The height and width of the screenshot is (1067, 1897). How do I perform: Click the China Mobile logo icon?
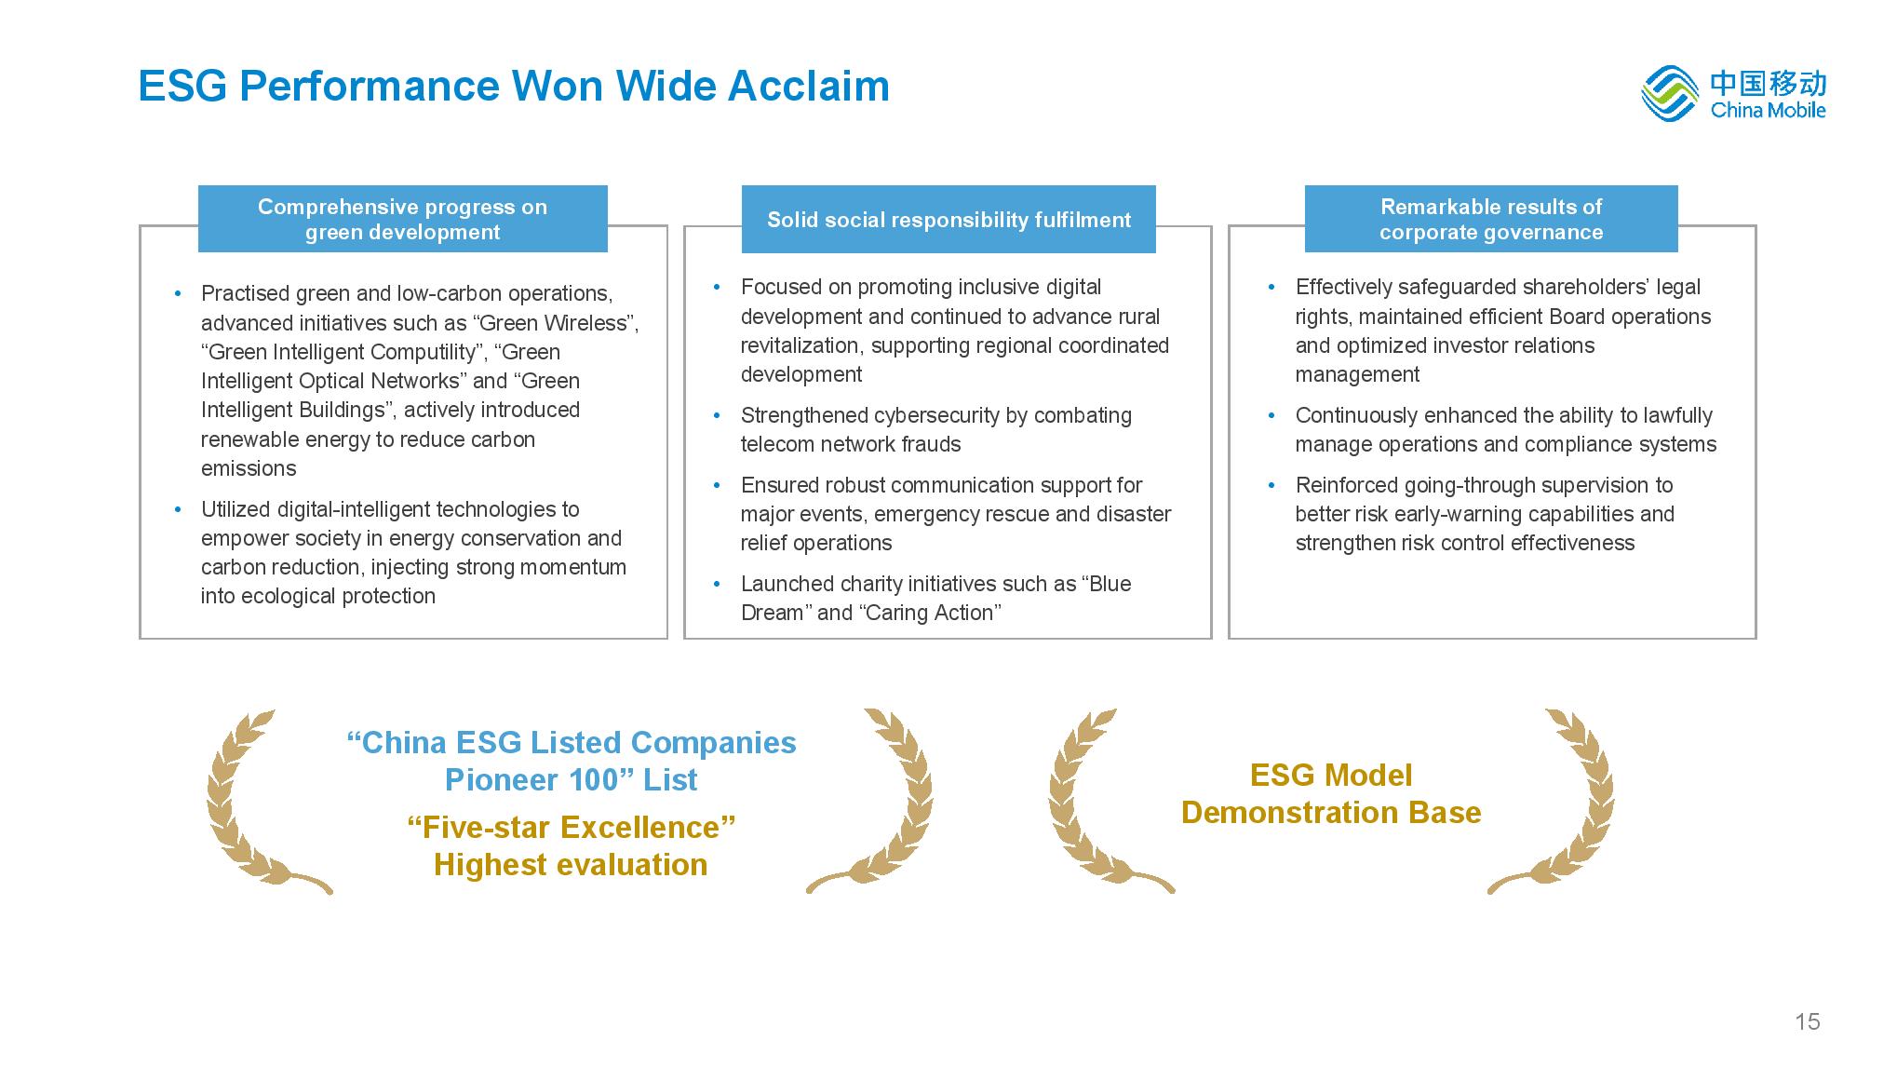[x=1671, y=92]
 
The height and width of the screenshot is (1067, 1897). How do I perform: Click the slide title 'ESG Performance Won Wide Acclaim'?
[x=514, y=86]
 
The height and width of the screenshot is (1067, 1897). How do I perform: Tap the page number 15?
[x=1807, y=1021]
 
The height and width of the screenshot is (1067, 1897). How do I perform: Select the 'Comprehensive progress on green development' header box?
[x=402, y=219]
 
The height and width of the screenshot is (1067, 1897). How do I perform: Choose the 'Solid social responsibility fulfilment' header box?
[x=948, y=220]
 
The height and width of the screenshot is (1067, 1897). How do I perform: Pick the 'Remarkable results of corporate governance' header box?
[x=1491, y=219]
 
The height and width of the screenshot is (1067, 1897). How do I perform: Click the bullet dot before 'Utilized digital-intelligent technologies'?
[x=178, y=509]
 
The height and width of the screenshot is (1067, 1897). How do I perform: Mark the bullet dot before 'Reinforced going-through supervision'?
[x=1271, y=485]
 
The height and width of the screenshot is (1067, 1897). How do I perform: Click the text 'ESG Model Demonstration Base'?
[x=1331, y=793]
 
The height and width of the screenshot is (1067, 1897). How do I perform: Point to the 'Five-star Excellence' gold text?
[x=572, y=827]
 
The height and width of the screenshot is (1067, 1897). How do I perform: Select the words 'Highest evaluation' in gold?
[x=571, y=864]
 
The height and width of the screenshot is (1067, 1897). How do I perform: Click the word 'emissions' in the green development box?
[x=249, y=468]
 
